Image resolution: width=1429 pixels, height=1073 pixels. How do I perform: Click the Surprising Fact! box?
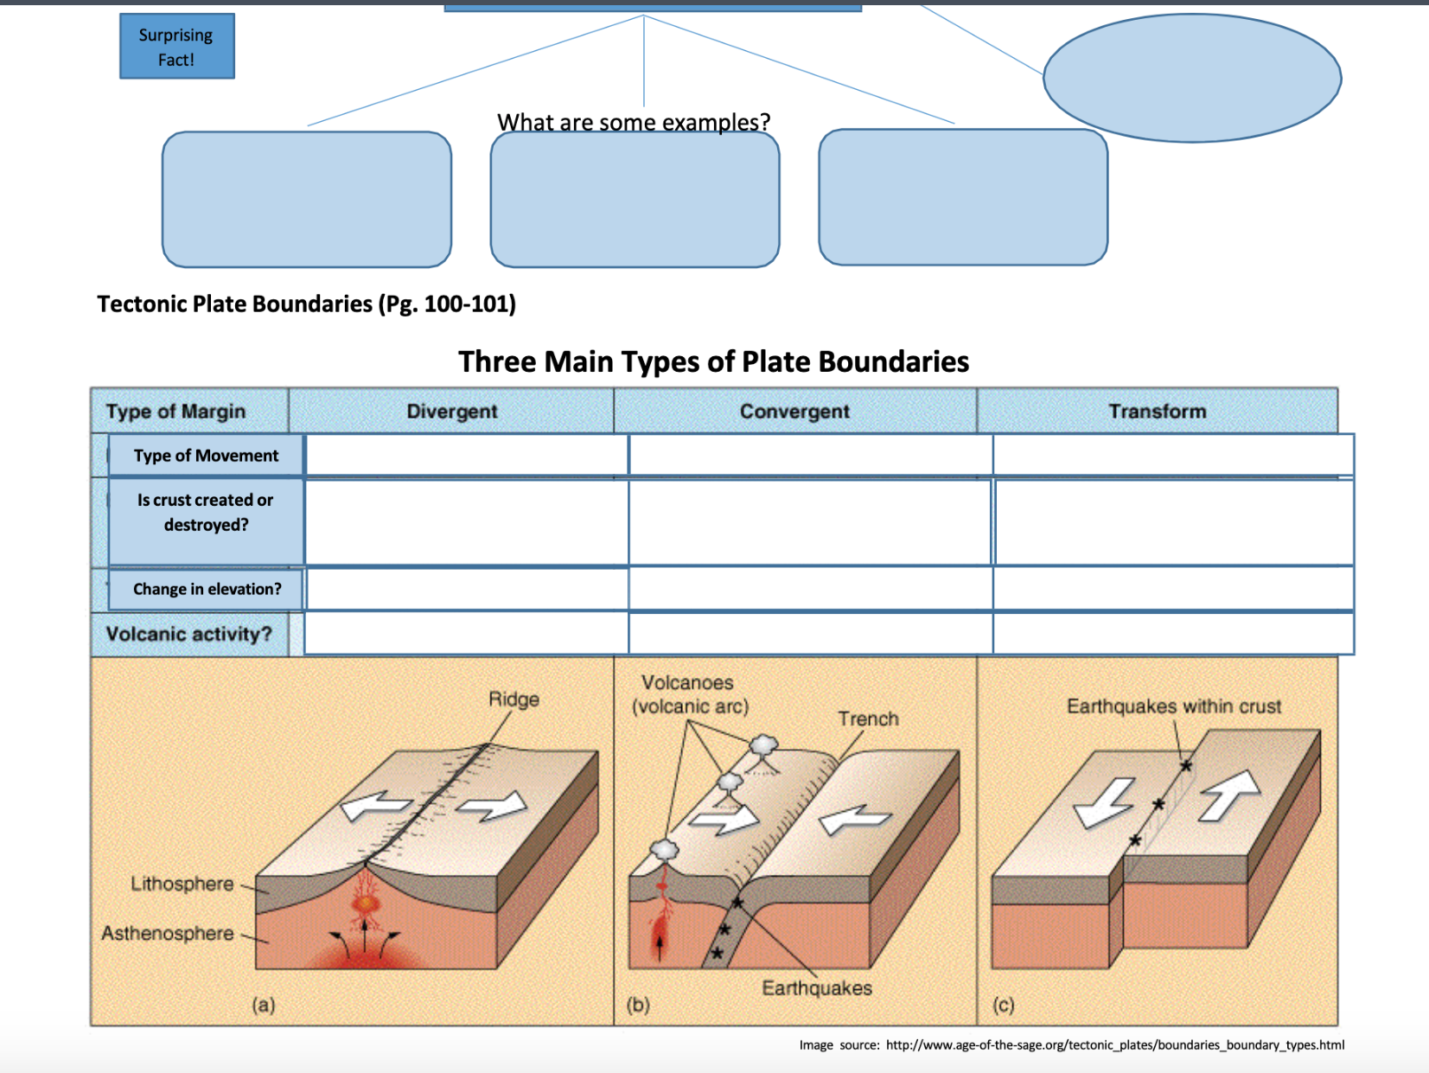(x=176, y=47)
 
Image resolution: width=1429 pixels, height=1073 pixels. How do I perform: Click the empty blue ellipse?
(x=1192, y=78)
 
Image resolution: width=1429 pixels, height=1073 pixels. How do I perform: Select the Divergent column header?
(x=451, y=412)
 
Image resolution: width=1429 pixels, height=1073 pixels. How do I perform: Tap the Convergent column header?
(x=794, y=412)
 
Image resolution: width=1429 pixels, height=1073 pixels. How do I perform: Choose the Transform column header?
(x=1157, y=412)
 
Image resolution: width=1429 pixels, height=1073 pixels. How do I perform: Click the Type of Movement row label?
(x=206, y=456)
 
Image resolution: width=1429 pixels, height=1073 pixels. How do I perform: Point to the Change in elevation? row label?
(x=207, y=589)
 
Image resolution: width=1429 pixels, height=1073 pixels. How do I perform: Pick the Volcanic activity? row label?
(x=188, y=634)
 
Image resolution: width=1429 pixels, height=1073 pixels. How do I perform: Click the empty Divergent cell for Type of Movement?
(x=467, y=455)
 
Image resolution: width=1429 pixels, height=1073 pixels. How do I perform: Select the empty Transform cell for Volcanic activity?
(x=1173, y=634)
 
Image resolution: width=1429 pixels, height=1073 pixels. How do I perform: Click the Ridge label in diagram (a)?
(x=514, y=699)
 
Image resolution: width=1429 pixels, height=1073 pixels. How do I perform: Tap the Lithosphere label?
(x=182, y=884)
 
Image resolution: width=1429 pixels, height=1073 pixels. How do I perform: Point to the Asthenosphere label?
(x=168, y=934)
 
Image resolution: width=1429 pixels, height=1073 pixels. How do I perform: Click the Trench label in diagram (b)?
(x=868, y=719)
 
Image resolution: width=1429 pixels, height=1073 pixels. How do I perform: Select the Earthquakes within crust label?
(x=1173, y=706)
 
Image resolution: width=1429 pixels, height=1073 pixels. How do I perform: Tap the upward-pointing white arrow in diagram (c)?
(x=1229, y=794)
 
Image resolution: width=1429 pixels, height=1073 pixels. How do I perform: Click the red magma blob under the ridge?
(x=366, y=904)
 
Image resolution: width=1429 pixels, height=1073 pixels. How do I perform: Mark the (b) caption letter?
(x=638, y=1005)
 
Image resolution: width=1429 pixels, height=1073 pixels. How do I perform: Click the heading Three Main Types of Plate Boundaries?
(x=713, y=361)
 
